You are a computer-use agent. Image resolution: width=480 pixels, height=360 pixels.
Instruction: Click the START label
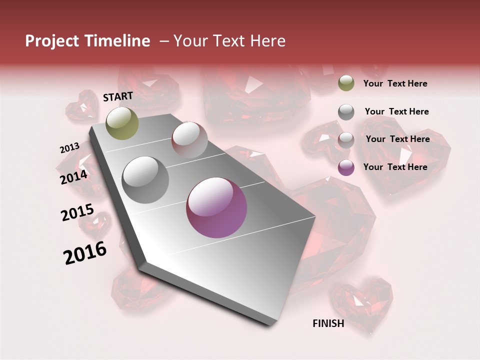point(118,96)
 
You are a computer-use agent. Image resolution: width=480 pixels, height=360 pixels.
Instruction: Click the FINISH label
point(328,323)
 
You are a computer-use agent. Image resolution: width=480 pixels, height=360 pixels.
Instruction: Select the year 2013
point(70,148)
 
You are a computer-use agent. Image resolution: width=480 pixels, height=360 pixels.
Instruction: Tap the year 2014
point(74,177)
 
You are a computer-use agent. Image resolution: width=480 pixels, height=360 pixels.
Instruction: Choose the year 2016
point(85,253)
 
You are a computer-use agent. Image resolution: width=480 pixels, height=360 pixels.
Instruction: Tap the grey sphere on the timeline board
point(145,180)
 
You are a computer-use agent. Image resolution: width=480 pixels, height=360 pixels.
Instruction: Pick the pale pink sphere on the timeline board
point(189,140)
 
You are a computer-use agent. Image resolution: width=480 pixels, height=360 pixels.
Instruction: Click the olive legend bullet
point(346,83)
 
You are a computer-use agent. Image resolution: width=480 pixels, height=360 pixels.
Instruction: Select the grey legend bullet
point(346,112)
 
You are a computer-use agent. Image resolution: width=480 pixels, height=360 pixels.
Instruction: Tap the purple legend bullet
point(346,167)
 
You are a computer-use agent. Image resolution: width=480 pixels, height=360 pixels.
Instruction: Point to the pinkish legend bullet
point(346,140)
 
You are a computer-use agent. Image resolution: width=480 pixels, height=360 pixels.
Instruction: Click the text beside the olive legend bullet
point(395,83)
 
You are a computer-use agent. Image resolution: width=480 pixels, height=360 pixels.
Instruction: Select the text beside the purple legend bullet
point(395,167)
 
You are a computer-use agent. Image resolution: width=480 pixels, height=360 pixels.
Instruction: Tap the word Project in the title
point(51,41)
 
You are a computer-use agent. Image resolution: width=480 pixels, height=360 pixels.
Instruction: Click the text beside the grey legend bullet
point(396,111)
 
